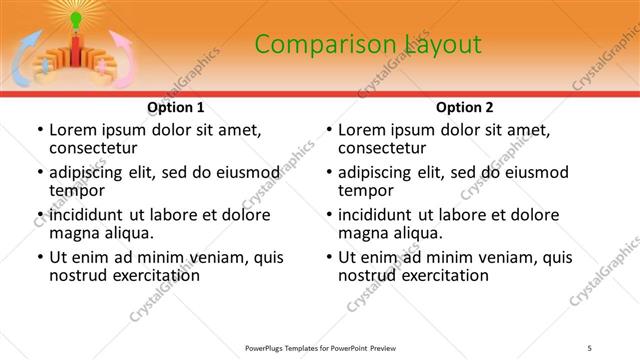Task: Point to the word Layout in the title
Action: click(441, 44)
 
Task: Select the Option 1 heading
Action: click(176, 107)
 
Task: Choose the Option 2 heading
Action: click(464, 107)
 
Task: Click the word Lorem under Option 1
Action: click(72, 130)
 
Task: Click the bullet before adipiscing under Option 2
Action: click(329, 173)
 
